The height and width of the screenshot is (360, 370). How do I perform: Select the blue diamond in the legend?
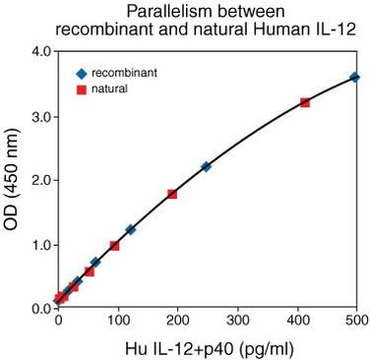tap(83, 73)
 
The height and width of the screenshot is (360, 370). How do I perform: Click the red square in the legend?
tap(83, 90)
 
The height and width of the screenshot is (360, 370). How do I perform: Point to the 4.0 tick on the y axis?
tap(40, 51)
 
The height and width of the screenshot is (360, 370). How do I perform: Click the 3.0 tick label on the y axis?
tap(40, 116)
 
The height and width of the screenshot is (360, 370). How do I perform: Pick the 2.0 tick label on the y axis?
tap(40, 180)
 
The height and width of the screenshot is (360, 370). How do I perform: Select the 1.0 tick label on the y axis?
tap(40, 244)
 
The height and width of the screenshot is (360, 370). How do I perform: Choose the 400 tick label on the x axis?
tap(296, 322)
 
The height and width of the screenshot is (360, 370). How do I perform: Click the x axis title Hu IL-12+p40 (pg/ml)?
tap(208, 346)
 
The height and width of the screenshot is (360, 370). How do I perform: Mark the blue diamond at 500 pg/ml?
tap(355, 77)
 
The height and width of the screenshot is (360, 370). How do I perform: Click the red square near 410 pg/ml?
tap(305, 102)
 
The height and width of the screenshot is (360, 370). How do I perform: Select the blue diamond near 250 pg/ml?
tap(206, 166)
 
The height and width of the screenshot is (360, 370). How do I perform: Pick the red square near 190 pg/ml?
tap(172, 194)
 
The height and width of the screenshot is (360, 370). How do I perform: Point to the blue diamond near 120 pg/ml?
tap(130, 229)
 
